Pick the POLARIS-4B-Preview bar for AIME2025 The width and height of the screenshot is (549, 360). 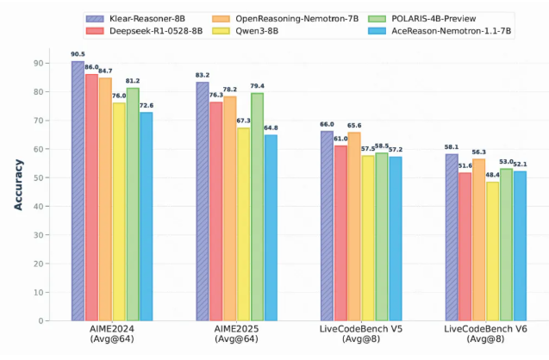point(258,207)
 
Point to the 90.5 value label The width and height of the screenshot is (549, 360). point(78,53)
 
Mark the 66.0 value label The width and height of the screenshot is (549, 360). point(326,124)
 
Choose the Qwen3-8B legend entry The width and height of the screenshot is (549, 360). point(259,29)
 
